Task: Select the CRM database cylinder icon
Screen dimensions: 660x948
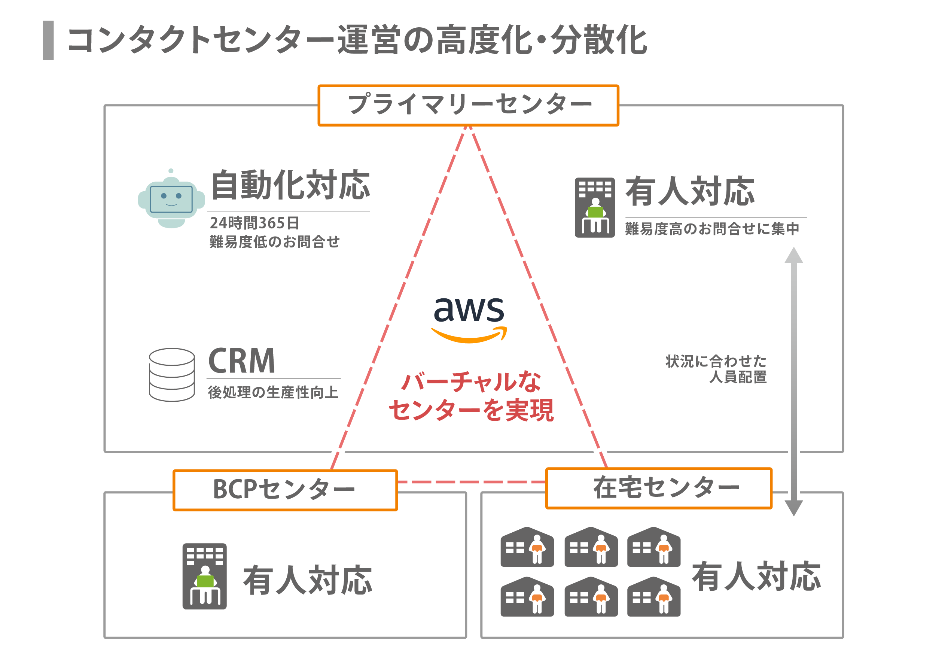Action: (172, 375)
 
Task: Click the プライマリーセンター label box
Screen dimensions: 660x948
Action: (468, 105)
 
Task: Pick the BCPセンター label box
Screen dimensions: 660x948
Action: (285, 490)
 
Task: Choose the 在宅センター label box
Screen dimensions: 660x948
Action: (659, 488)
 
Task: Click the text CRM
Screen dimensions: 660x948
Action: (241, 361)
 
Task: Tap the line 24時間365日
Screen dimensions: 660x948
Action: (254, 223)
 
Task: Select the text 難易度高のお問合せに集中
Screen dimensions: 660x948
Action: (712, 228)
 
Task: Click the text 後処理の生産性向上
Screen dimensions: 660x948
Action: (273, 392)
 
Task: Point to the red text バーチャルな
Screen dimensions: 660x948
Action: (471, 381)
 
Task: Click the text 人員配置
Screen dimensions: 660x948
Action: (738, 377)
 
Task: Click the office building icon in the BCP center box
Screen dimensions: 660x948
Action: (205, 576)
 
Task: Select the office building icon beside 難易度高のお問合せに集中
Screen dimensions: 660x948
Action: (595, 207)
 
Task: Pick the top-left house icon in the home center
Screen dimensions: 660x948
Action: (527, 547)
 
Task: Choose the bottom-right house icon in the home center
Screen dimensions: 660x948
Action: (653, 597)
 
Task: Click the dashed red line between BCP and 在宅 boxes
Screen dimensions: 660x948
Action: (471, 482)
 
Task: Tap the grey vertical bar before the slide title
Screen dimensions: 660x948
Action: (48, 40)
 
